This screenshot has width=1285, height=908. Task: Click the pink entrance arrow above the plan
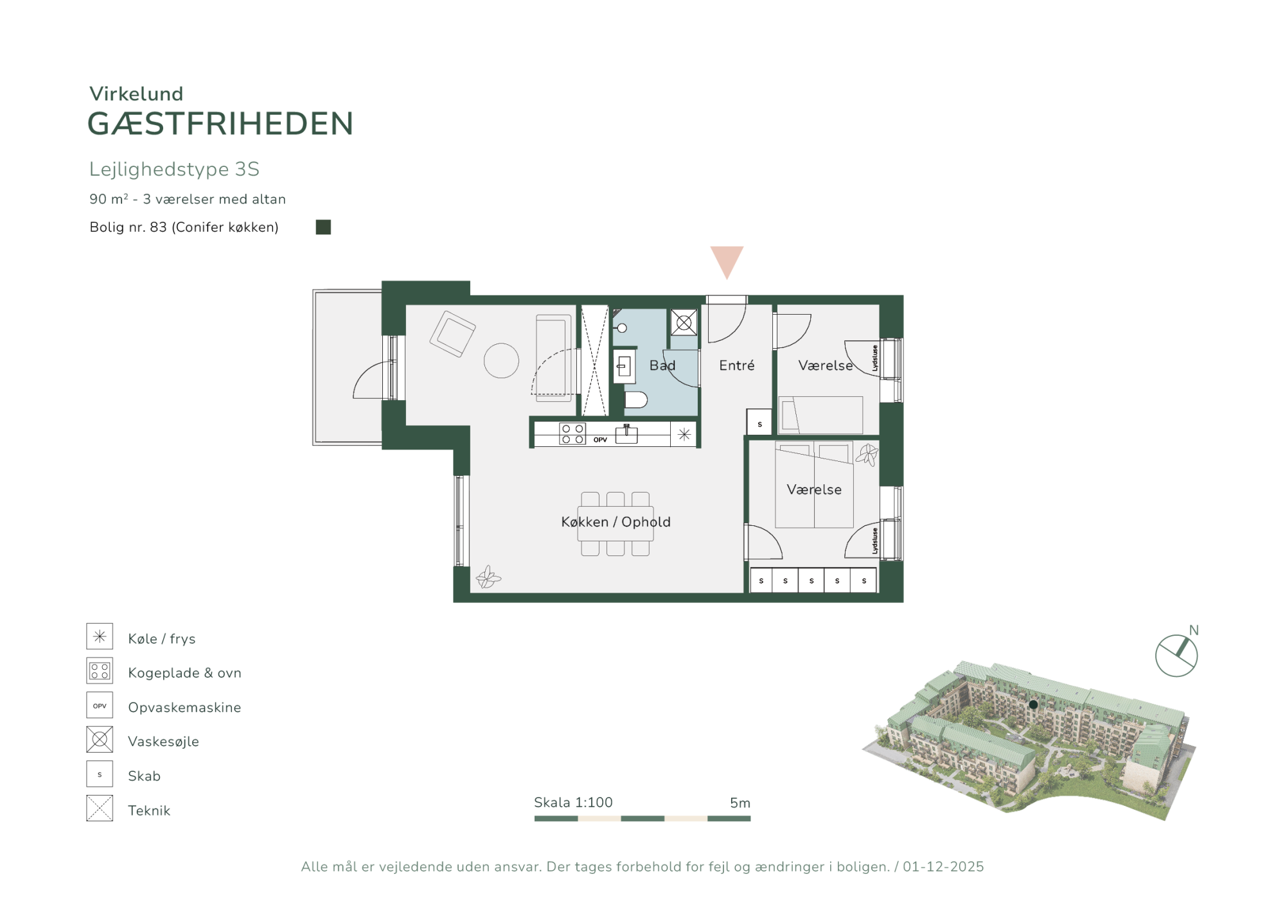(727, 261)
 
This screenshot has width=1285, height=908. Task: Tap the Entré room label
(736, 365)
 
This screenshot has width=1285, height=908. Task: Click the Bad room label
(662, 365)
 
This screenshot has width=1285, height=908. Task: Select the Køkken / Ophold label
(616, 522)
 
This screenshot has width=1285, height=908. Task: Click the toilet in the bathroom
(635, 400)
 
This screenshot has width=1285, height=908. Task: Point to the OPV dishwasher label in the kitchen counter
(600, 440)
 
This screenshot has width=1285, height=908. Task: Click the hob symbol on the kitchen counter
(572, 433)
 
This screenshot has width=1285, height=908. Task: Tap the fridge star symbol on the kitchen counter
(684, 434)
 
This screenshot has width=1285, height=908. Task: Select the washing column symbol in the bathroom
(684, 322)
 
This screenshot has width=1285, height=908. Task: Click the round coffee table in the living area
(501, 360)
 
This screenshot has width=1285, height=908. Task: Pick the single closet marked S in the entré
(759, 422)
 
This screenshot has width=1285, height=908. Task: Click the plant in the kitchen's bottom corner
(488, 577)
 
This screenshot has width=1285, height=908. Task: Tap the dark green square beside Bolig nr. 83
(323, 227)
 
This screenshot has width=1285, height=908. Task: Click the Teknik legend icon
(100, 808)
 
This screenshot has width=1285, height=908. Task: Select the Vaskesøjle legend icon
(100, 739)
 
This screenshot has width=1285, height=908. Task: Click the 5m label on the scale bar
(740, 803)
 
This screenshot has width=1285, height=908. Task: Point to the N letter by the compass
(1194, 630)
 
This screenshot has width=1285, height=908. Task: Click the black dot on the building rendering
(1033, 704)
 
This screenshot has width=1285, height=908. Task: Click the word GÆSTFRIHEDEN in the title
(220, 123)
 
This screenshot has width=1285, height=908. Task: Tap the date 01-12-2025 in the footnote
(943, 867)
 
